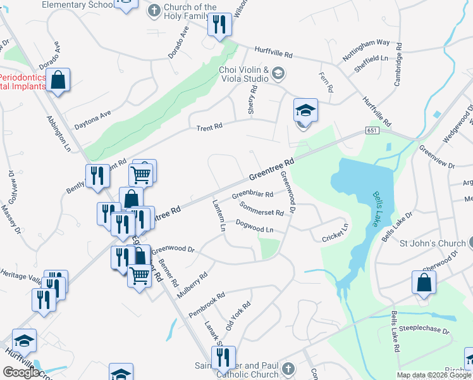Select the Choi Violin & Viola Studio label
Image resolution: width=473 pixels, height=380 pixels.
tap(244, 74)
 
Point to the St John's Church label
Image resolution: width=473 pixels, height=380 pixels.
tap(433, 243)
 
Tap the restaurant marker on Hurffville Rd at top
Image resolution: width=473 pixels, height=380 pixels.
tap(220, 25)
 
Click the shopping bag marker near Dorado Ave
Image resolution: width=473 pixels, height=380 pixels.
tap(58, 80)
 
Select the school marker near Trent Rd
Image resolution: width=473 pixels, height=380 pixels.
tap(305, 111)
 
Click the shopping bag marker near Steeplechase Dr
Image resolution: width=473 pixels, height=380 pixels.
tap(424, 283)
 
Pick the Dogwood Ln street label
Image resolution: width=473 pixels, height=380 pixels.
tap(254, 225)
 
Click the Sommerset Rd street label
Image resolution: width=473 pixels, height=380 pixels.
tap(262, 209)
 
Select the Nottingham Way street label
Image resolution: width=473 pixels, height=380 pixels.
tap(366, 49)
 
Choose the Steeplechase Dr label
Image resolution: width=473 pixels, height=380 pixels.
tap(428, 330)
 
